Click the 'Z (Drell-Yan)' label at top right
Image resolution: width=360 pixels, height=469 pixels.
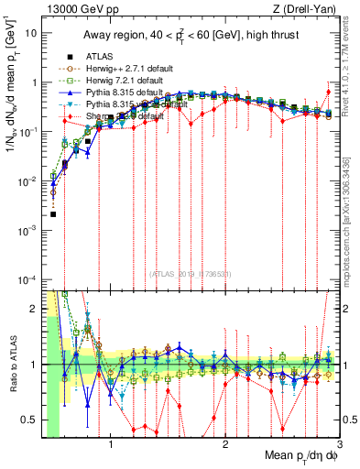299,8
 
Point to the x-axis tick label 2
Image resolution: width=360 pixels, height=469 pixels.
225,446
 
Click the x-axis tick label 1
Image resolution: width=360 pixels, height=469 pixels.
111,446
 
